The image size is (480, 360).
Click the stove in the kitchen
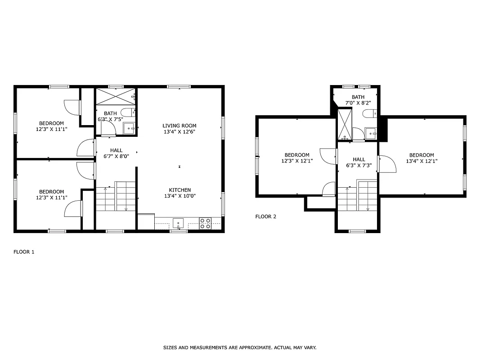click(x=205, y=223)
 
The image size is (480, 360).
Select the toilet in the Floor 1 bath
click(x=127, y=112)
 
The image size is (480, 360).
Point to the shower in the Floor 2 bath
click(x=345, y=124)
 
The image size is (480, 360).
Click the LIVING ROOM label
click(x=179, y=126)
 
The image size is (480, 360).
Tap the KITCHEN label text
click(x=179, y=190)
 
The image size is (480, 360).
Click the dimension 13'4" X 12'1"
click(x=422, y=161)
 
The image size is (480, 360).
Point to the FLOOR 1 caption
click(x=24, y=252)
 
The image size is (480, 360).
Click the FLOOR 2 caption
click(x=265, y=216)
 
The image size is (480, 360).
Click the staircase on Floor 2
click(x=358, y=195)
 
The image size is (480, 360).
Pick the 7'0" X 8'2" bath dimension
click(x=358, y=103)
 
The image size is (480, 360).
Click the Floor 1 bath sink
click(x=129, y=129)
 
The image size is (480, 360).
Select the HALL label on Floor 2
click(x=359, y=159)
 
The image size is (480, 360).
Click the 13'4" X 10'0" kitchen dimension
click(x=179, y=196)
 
